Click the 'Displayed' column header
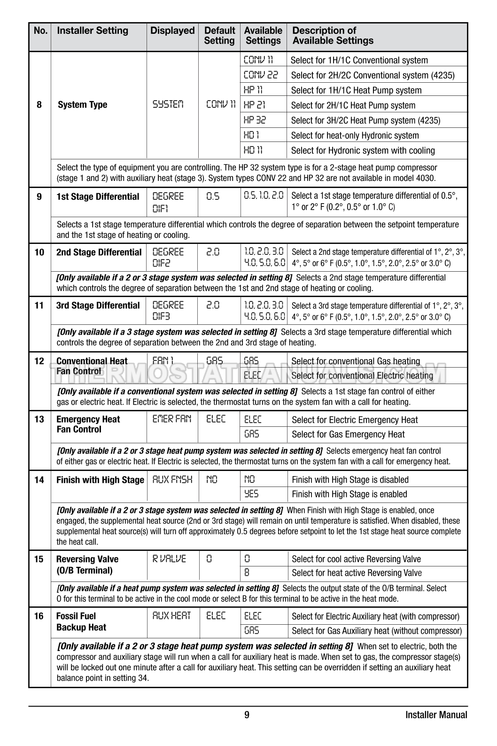point(172,31)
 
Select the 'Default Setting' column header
point(219,36)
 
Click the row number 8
point(39,105)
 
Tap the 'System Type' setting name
point(82,105)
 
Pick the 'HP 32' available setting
point(255,120)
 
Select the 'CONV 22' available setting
point(261,75)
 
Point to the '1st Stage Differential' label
point(98,197)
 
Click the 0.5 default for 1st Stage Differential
point(213,196)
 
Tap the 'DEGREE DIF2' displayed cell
point(168,257)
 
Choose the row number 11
point(39,306)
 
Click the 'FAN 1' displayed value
point(163,361)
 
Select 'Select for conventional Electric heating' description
point(362,376)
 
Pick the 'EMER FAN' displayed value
point(172,419)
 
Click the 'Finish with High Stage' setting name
point(100,480)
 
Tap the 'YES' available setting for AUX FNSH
point(251,494)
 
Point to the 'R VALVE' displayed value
point(169,559)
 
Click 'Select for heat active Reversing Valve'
point(357,573)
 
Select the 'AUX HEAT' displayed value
point(171,616)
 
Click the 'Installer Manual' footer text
point(436,715)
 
